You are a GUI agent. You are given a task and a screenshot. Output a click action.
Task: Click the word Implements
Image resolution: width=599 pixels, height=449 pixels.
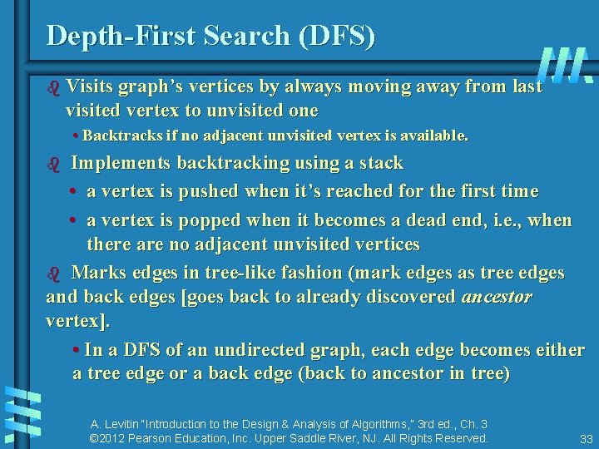point(120,162)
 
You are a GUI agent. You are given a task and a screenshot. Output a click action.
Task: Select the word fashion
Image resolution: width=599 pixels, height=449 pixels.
point(291,273)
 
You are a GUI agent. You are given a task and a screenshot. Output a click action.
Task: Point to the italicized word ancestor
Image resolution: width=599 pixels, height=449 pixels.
point(496,297)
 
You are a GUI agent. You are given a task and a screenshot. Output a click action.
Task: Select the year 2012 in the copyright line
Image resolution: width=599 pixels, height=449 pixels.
point(115,438)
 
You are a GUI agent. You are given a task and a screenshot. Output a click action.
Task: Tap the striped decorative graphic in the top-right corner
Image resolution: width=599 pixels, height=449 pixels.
point(566,65)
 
